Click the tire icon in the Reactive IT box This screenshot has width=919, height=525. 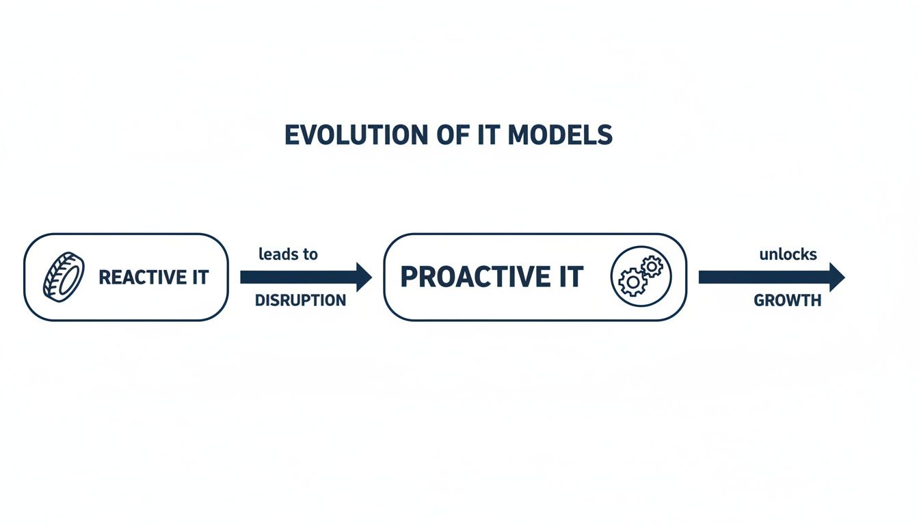(x=64, y=277)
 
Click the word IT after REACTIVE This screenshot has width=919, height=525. (x=198, y=278)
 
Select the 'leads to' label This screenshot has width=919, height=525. (x=288, y=254)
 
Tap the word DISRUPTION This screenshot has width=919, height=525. (x=300, y=301)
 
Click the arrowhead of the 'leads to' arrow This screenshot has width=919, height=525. (x=362, y=277)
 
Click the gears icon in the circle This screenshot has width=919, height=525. (x=641, y=276)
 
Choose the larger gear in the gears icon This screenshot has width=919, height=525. (x=632, y=281)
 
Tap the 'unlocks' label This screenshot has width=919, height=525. (x=788, y=254)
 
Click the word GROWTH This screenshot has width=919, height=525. (x=787, y=301)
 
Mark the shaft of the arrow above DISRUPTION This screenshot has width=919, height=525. (x=294, y=277)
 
